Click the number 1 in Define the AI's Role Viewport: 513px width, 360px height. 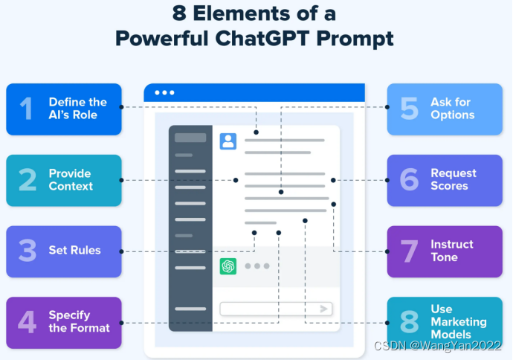(x=27, y=109)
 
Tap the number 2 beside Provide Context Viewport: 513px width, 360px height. (x=28, y=180)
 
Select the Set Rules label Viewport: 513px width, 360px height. (x=74, y=251)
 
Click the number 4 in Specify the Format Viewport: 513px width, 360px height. (x=27, y=321)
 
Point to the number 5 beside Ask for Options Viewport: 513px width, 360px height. (x=409, y=109)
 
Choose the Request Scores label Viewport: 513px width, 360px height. (x=453, y=179)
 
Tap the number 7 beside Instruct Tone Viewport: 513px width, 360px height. (x=409, y=251)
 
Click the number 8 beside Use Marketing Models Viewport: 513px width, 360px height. (x=409, y=321)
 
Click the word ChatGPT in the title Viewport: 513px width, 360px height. (x=285, y=39)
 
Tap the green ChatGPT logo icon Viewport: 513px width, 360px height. (x=228, y=266)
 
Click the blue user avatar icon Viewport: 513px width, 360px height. (x=228, y=141)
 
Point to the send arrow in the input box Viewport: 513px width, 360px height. (x=324, y=309)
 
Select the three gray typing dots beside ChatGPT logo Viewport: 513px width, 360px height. (x=256, y=266)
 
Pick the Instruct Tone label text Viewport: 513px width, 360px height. (x=451, y=251)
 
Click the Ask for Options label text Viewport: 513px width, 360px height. (x=452, y=109)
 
